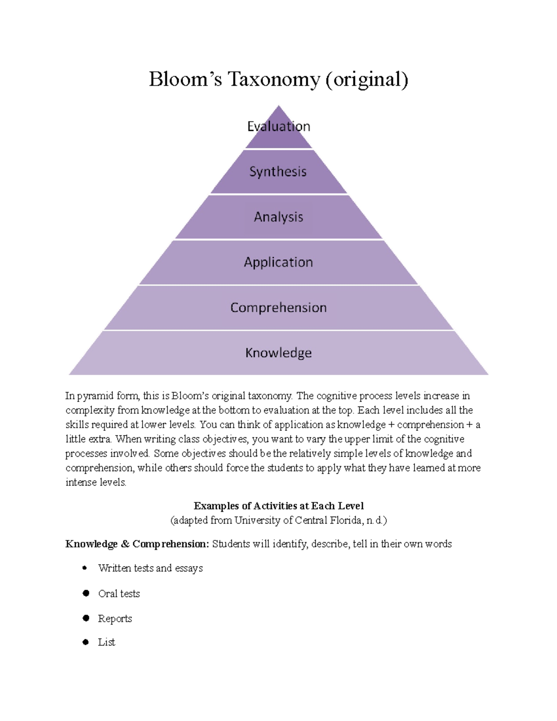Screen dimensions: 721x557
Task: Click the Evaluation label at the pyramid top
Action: tap(278, 126)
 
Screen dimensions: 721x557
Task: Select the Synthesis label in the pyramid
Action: tap(278, 172)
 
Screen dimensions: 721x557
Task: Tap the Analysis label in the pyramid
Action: tap(278, 217)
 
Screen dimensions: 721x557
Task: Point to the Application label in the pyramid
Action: tap(278, 262)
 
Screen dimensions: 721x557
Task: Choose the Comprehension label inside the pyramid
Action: tap(278, 307)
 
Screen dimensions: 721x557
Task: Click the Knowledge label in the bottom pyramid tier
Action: tap(278, 353)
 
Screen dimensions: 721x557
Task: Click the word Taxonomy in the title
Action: tap(273, 80)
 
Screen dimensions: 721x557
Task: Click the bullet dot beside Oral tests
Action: tap(86, 593)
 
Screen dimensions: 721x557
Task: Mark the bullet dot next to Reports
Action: tap(86, 618)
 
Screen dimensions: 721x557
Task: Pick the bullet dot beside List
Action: tap(85, 642)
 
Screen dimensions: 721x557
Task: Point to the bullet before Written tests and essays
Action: tap(84, 568)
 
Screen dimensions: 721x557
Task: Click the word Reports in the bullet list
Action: tap(115, 618)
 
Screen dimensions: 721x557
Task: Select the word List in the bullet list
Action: tap(106, 642)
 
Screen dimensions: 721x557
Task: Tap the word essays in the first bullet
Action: tap(188, 568)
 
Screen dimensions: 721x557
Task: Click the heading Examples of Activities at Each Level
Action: tap(278, 506)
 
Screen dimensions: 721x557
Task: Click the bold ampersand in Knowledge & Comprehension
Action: tap(125, 544)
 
